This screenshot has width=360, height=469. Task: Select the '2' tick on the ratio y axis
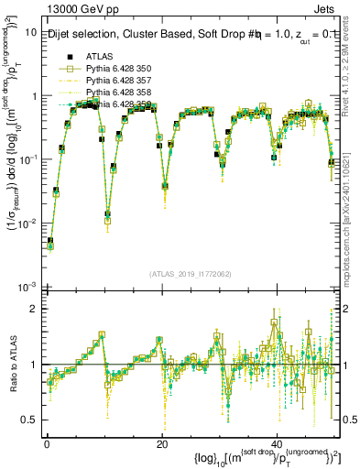pyautogui.click(x=34, y=309)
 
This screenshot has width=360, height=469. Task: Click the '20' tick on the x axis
pyautogui.click(x=161, y=442)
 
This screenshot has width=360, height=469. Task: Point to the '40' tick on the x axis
pyautogui.click(x=277, y=442)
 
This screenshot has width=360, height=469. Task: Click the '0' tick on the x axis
pyautogui.click(x=46, y=442)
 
